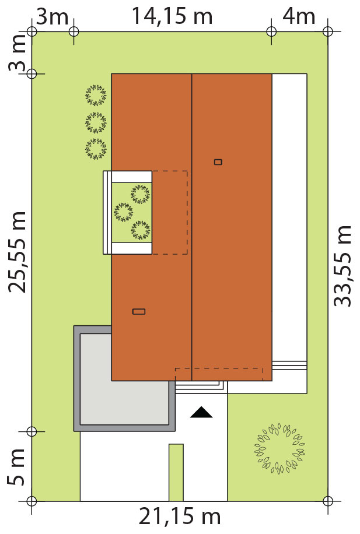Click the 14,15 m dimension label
click(172, 16)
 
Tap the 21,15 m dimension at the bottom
click(180, 517)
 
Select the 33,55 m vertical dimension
click(342, 266)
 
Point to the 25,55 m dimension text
click(17, 252)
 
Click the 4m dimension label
click(299, 16)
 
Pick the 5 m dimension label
click(16, 467)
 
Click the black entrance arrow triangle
click(201, 412)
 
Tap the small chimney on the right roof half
click(218, 162)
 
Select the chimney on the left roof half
click(139, 311)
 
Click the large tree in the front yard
click(279, 448)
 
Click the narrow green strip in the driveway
click(176, 472)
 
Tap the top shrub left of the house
click(96, 95)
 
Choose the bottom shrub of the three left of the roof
click(96, 149)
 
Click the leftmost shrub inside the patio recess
click(124, 212)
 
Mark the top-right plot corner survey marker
click(327, 31)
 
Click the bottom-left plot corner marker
click(32, 501)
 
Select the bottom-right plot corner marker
click(327, 501)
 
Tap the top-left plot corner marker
click(32, 31)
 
